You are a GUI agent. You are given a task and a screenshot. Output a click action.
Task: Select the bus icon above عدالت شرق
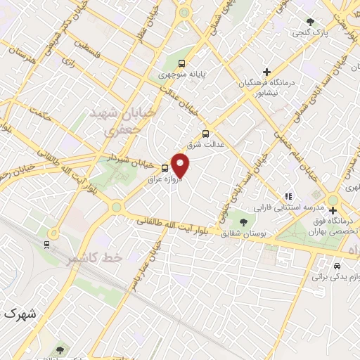[205, 134]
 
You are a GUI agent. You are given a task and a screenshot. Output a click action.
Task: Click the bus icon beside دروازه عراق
[165, 167]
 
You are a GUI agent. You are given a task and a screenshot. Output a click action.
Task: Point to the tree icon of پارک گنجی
[311, 21]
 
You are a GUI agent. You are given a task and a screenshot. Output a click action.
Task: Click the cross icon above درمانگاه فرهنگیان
[266, 72]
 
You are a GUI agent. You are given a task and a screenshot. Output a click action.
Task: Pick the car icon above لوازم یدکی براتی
[337, 266]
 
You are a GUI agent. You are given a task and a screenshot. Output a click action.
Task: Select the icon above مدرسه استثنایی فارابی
[288, 196]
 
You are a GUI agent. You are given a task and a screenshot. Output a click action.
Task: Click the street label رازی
[68, 63]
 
